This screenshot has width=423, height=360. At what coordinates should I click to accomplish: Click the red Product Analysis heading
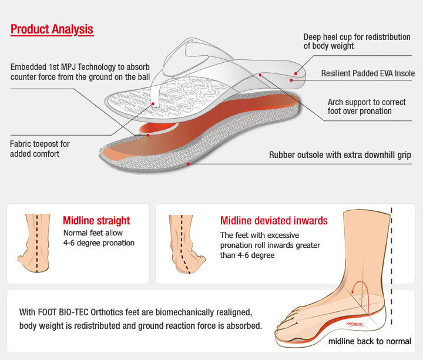click(52, 29)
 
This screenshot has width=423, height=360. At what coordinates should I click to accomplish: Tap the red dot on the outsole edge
click(188, 164)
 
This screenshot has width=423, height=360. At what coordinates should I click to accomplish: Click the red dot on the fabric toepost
click(153, 104)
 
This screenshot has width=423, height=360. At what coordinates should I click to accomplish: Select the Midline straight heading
click(96, 221)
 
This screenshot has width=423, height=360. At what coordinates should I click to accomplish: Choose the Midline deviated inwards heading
click(274, 221)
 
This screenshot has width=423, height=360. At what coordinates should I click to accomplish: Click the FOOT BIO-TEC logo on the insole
click(354, 324)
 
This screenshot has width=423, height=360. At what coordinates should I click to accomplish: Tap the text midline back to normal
click(370, 341)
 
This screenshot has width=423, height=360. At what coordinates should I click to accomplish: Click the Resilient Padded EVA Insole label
click(368, 73)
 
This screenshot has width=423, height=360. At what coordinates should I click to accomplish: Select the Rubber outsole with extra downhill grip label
click(340, 155)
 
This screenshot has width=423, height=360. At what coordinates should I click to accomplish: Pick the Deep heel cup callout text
click(357, 41)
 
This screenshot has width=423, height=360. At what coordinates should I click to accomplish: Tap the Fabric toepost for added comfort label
click(40, 149)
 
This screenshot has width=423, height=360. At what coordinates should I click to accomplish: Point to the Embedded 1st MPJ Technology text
click(80, 72)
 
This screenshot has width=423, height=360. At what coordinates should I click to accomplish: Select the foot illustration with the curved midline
click(186, 244)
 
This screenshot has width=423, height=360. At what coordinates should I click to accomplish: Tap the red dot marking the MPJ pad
click(148, 135)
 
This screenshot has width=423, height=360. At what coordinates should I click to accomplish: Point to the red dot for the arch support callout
click(260, 75)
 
